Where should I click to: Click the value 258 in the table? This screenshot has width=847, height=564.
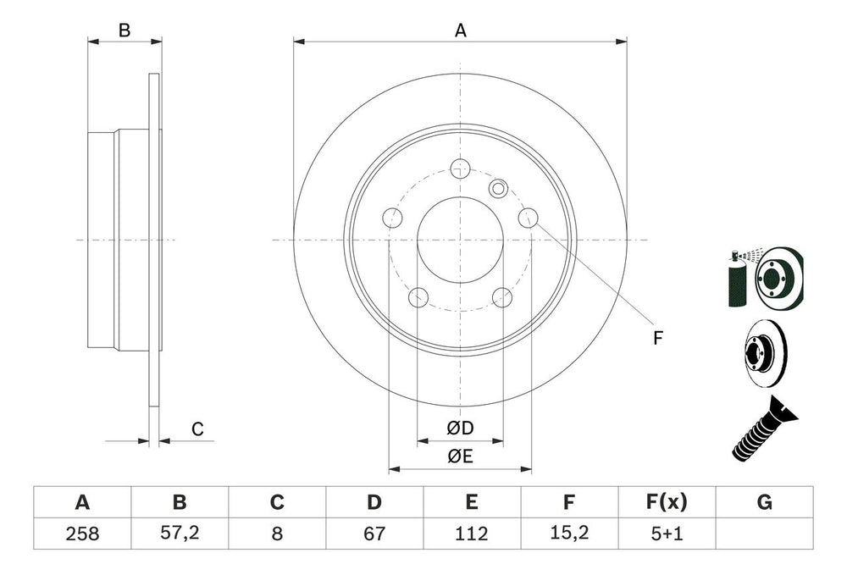point(82,534)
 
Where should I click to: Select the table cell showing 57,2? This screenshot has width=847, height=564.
point(179,534)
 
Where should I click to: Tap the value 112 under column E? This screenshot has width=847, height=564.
point(472,534)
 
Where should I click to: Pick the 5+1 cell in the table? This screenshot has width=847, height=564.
point(667,534)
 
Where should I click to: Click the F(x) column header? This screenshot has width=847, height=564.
point(667,503)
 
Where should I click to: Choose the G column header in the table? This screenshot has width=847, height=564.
point(764,503)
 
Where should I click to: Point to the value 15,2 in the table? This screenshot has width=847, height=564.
point(569,534)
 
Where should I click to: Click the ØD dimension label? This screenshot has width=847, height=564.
point(460,429)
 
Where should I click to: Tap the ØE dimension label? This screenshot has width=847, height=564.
point(460,456)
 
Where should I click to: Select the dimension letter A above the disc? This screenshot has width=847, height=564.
point(460,30)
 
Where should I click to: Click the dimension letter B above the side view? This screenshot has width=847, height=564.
point(125,30)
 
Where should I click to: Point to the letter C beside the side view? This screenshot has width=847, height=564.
point(197,429)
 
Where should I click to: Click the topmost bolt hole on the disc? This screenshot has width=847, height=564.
point(460,168)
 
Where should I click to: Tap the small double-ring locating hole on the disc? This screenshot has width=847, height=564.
point(498,188)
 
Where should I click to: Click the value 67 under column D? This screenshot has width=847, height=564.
point(374,534)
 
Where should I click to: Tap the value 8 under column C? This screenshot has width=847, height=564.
point(276,534)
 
